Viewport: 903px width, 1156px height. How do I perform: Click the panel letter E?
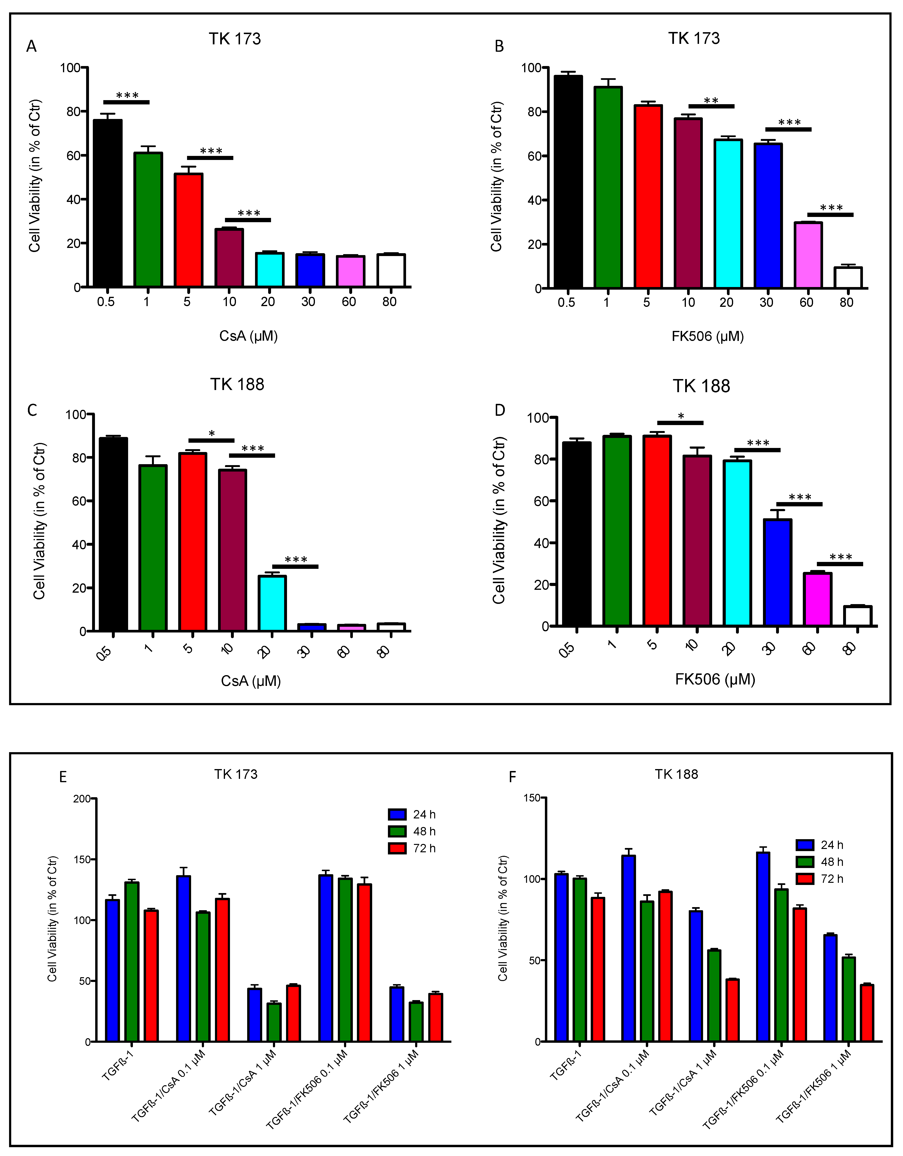63,777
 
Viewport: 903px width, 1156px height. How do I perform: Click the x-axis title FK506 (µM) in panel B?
708,337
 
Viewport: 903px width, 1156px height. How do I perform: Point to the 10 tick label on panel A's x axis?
229,302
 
